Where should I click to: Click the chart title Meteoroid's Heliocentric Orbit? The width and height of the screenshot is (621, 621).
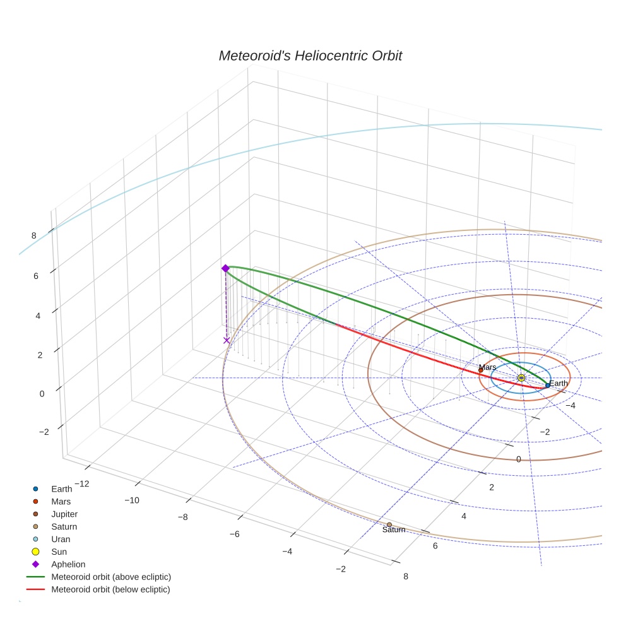310,56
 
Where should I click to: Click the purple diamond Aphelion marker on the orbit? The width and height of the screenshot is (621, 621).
225,268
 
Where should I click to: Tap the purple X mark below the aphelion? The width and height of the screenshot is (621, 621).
227,340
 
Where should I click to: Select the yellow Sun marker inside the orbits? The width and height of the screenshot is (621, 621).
521,377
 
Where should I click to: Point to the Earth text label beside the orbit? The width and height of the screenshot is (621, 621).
559,383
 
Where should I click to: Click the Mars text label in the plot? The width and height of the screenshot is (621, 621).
487,367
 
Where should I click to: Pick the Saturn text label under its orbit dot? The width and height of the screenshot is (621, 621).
393,530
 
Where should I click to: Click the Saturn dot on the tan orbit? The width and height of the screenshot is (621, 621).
389,524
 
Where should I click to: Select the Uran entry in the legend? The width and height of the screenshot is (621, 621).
61,539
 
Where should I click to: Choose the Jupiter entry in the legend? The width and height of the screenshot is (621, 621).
64,514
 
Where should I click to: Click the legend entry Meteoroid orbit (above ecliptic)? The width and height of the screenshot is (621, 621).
111,577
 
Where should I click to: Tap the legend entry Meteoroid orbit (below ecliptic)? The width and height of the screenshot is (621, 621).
110,589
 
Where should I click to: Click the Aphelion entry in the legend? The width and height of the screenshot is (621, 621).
68,564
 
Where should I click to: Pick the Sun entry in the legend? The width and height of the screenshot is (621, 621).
59,552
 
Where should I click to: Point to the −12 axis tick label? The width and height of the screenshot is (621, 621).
81,483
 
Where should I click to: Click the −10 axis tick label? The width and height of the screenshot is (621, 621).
131,500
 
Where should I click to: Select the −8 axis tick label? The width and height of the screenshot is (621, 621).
182,517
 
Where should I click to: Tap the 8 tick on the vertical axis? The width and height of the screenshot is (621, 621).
34,235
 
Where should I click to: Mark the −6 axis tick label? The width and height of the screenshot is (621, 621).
234,534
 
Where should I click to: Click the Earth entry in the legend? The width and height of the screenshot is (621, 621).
62,488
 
